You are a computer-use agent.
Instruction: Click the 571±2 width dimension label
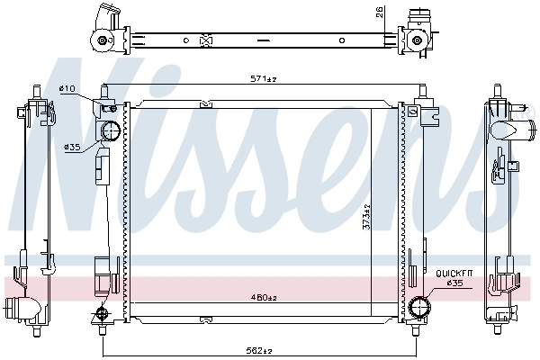[262, 79]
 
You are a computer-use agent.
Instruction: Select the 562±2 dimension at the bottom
[262, 350]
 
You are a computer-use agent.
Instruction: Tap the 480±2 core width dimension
[263, 298]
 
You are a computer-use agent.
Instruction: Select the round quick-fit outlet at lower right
[418, 308]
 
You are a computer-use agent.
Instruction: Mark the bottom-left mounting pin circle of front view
[101, 314]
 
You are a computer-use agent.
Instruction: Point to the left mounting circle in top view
[102, 40]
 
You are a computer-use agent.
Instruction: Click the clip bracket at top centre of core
[205, 103]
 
